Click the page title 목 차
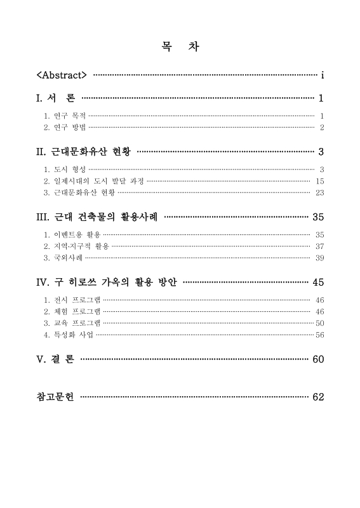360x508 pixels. coord(180,47)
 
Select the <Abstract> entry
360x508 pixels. coord(62,76)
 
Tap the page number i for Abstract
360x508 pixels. coord(323,76)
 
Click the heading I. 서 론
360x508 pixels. coord(56,98)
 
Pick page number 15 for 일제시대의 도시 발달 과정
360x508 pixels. coord(320,181)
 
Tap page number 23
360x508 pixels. coord(320,192)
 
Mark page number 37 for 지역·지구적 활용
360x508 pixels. coord(320,246)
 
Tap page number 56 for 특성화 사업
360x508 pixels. coord(320,335)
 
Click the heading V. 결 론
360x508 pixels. coord(56,359)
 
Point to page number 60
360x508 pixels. coord(319,359)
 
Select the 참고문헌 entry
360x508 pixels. coord(56,397)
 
